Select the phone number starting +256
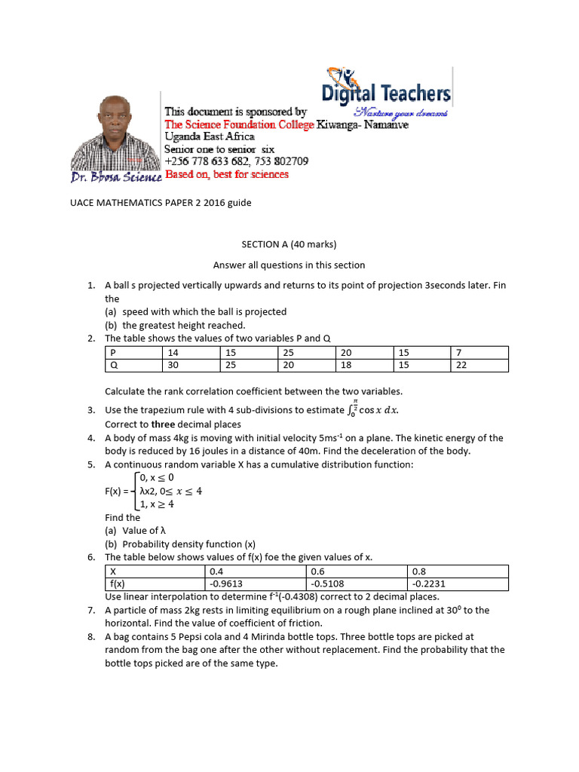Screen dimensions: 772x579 [x=236, y=161]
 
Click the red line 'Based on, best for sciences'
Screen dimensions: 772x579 [x=227, y=175]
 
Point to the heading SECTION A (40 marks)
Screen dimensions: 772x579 [x=289, y=245]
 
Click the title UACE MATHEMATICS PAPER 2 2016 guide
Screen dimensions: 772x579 [x=156, y=204]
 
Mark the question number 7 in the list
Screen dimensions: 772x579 [x=90, y=610]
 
